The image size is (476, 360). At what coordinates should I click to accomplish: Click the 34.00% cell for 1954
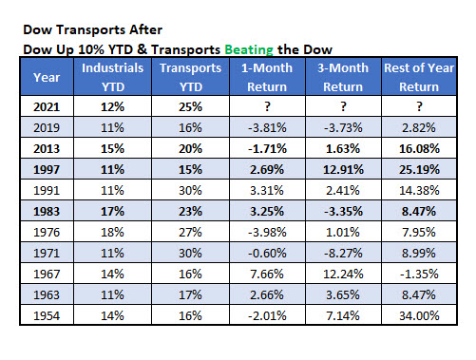[x=418, y=314]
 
